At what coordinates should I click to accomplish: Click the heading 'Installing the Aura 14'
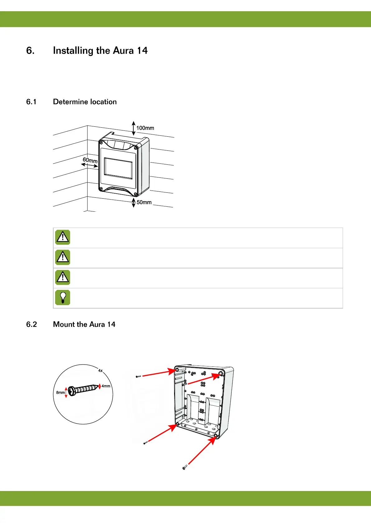(x=100, y=50)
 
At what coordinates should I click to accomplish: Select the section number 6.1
(x=31, y=102)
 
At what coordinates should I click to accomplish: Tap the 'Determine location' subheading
(x=85, y=102)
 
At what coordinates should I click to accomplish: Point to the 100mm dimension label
(x=145, y=128)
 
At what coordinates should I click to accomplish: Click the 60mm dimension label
(x=90, y=160)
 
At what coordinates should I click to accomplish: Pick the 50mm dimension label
(x=144, y=202)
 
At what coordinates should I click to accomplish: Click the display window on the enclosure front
(x=118, y=168)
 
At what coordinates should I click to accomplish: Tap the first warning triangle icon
(x=63, y=237)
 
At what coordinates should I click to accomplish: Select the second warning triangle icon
(x=63, y=257)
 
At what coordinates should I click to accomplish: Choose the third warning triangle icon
(x=63, y=277)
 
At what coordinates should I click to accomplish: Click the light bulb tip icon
(x=63, y=297)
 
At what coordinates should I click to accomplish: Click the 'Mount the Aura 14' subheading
(x=84, y=324)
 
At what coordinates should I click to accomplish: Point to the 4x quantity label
(x=100, y=371)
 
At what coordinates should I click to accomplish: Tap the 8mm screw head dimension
(x=60, y=393)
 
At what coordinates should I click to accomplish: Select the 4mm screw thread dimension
(x=106, y=386)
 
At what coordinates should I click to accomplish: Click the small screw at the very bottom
(x=184, y=467)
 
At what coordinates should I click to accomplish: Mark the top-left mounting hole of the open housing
(x=177, y=370)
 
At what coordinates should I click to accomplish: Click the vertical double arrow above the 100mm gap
(x=134, y=128)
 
